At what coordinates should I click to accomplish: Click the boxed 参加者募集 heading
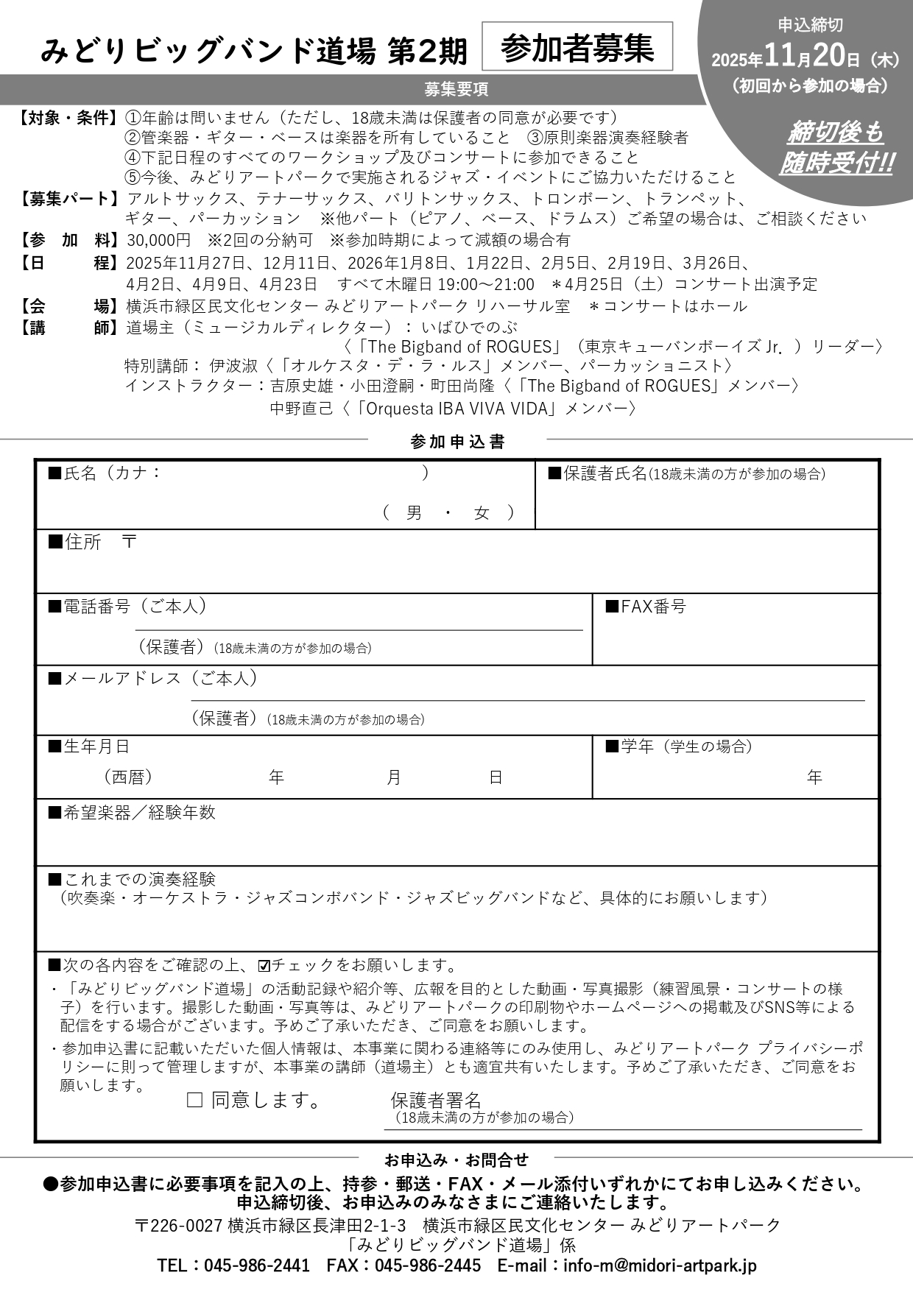click(x=577, y=49)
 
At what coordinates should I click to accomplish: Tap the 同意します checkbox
click(x=194, y=1100)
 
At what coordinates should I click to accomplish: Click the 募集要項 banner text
click(x=456, y=90)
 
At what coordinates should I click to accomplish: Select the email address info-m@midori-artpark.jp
click(x=660, y=1265)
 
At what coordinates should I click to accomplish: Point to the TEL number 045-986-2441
click(x=256, y=1265)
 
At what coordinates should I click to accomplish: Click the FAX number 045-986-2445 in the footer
click(x=427, y=1265)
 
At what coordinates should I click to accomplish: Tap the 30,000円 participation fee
click(x=158, y=240)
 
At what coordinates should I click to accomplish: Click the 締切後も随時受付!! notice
click(x=835, y=147)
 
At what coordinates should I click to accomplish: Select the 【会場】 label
click(x=68, y=306)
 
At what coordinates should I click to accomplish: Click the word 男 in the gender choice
click(x=414, y=513)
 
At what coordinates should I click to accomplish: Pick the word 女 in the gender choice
click(x=482, y=513)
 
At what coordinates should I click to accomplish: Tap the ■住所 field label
click(x=75, y=543)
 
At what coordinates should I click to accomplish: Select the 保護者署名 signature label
click(x=435, y=1101)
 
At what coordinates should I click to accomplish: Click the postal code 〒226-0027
click(x=179, y=1225)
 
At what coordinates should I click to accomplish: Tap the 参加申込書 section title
click(x=457, y=442)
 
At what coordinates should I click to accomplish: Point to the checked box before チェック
click(x=264, y=966)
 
